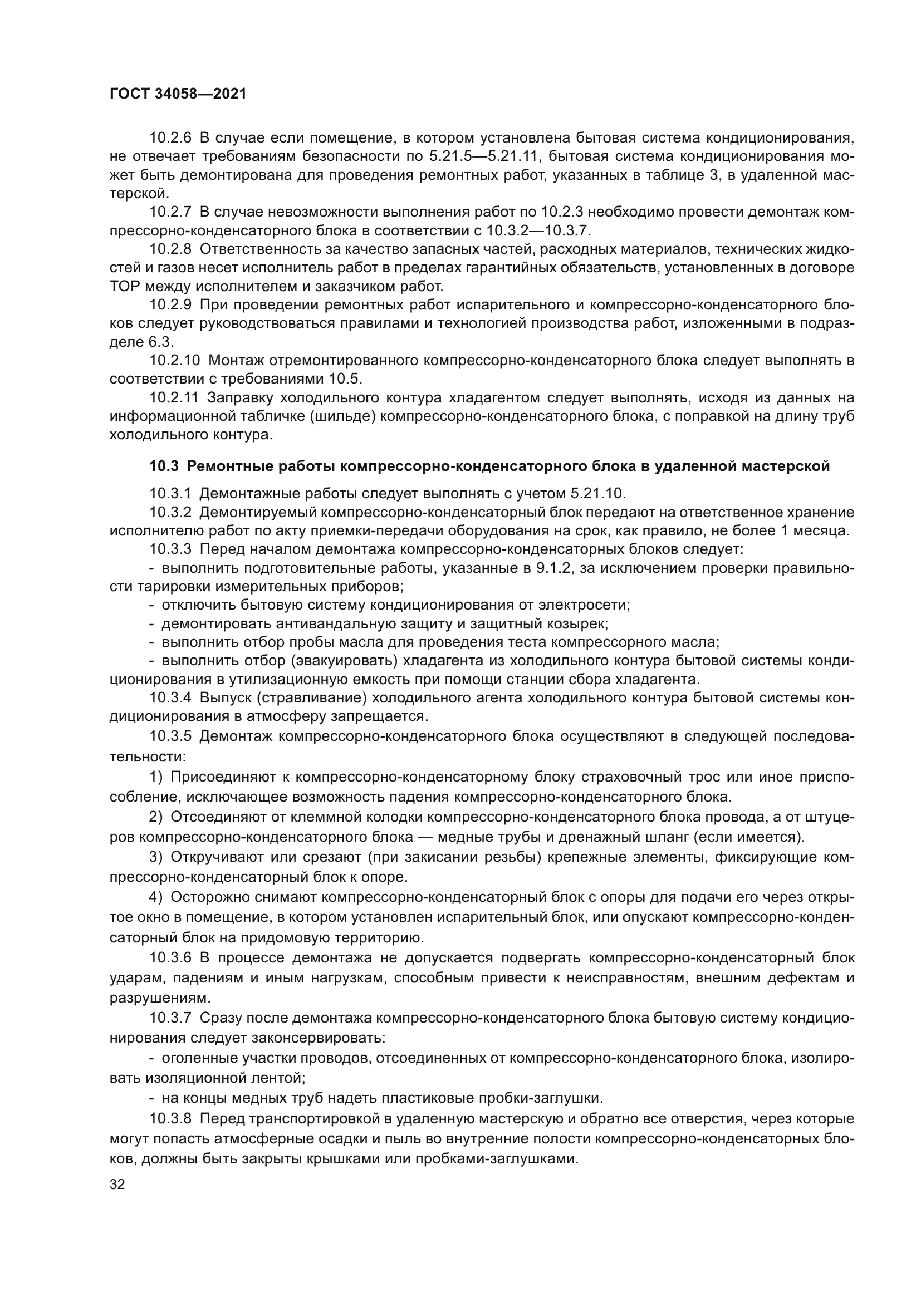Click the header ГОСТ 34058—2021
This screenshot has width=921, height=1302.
[x=178, y=94]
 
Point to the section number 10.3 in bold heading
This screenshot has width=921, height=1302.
[x=164, y=466]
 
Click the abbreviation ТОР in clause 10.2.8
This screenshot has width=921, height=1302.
[x=123, y=286]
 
